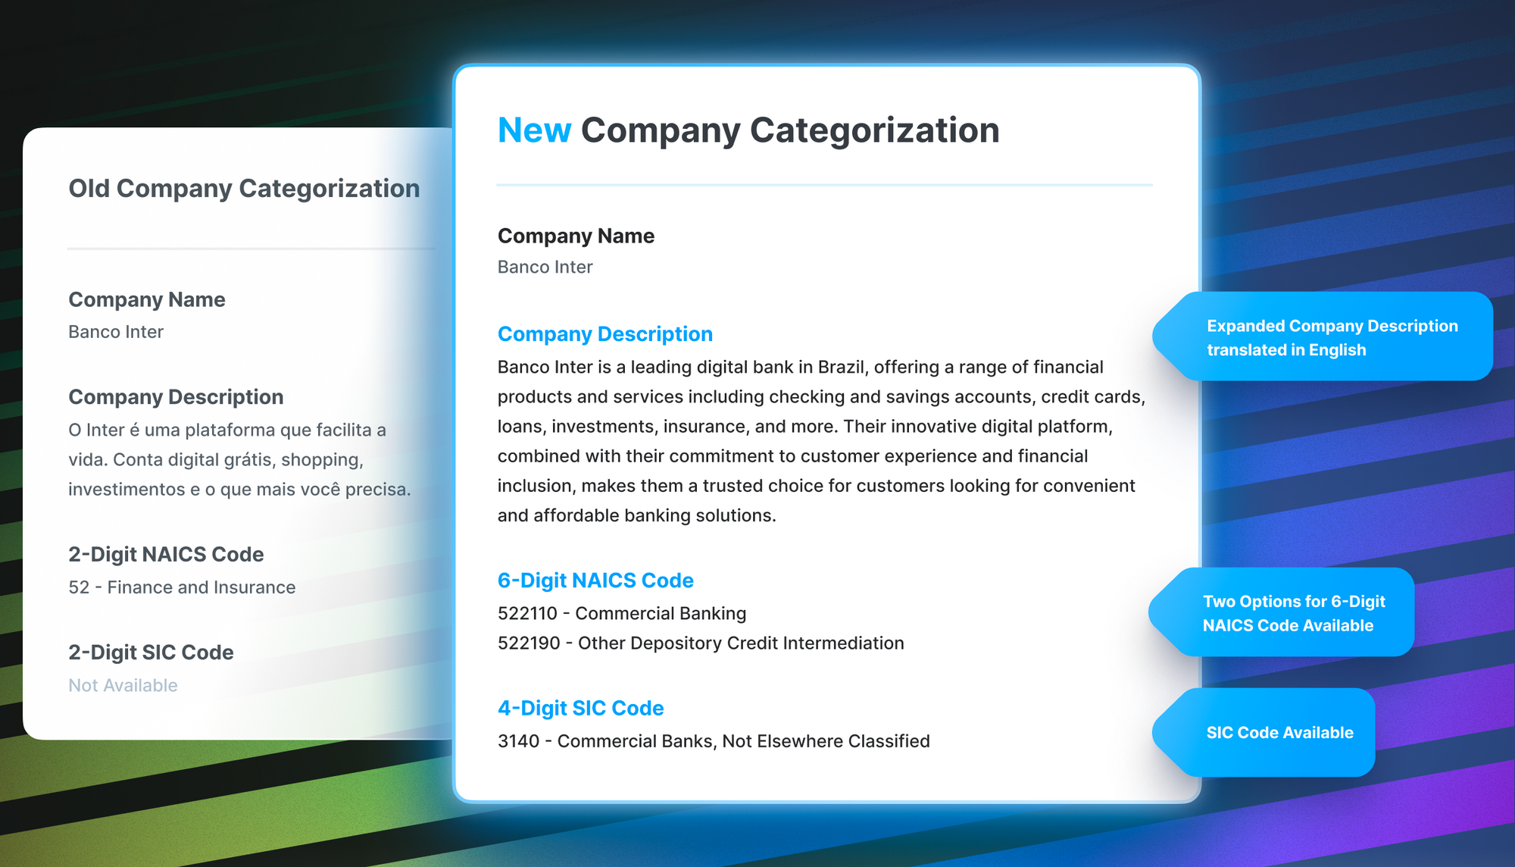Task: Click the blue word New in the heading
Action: pyautogui.click(x=534, y=130)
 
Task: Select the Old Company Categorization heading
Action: pyautogui.click(x=244, y=189)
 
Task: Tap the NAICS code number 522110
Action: pyautogui.click(x=527, y=613)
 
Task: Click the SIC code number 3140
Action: pyautogui.click(x=518, y=740)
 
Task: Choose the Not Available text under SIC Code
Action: pyautogui.click(x=123, y=685)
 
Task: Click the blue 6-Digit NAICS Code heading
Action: pyautogui.click(x=595, y=581)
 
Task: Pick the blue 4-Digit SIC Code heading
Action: pyautogui.click(x=580, y=708)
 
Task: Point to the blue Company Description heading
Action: pyautogui.click(x=604, y=334)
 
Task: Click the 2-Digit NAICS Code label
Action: pyautogui.click(x=166, y=555)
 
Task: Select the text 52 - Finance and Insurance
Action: pyautogui.click(x=182, y=587)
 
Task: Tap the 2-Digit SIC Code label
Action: pyautogui.click(x=151, y=653)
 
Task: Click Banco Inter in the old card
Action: pyautogui.click(x=116, y=332)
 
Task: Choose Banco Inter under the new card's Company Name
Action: pyautogui.click(x=545, y=267)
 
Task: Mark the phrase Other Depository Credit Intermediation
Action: pyautogui.click(x=741, y=643)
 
